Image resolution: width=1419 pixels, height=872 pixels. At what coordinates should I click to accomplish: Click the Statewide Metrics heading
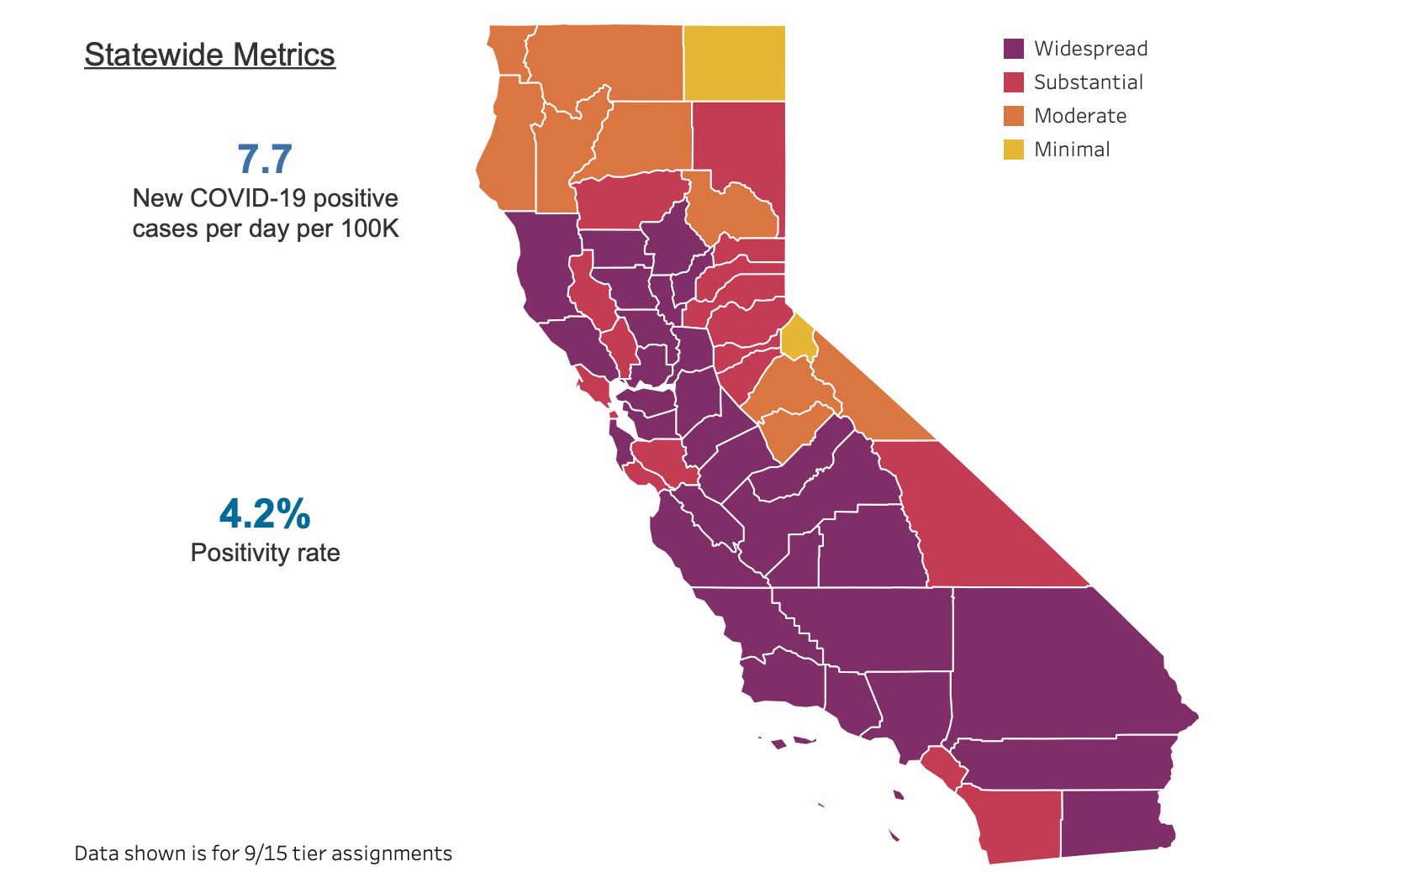pos(209,55)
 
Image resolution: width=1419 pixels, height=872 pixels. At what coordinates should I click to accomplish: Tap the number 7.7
pos(265,159)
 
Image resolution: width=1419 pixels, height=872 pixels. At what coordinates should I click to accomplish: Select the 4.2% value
pos(265,513)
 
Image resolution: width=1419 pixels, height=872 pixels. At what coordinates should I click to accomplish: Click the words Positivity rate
pos(266,553)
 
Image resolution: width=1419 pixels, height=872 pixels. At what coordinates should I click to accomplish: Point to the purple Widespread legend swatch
pos(1014,49)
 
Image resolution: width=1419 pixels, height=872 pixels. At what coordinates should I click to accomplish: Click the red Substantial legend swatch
pos(1014,82)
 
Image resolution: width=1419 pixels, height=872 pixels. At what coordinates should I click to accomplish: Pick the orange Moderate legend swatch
pos(1014,116)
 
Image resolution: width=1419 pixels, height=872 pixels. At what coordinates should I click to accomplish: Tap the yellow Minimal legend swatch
pos(1014,150)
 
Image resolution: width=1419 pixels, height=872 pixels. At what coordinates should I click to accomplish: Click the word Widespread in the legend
pos(1091,49)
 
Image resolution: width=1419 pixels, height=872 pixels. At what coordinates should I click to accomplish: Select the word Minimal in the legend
pos(1072,150)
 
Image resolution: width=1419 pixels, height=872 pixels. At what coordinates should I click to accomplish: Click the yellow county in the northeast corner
pos(734,63)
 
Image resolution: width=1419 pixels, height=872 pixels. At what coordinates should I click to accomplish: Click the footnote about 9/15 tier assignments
pos(263,854)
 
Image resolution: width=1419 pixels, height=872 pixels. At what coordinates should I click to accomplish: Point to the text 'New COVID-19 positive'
pos(266,198)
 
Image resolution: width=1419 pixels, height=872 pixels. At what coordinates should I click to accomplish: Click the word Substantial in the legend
pos(1089,82)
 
